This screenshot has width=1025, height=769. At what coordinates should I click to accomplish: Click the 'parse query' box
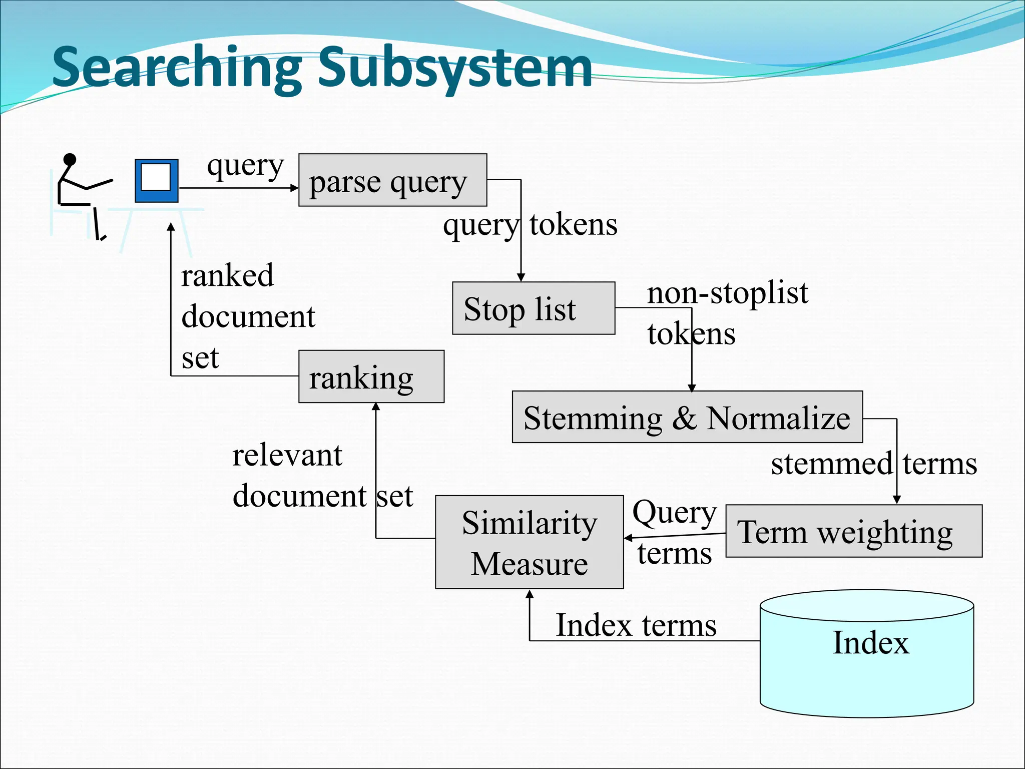392,180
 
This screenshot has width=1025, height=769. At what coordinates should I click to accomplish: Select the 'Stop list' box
534,308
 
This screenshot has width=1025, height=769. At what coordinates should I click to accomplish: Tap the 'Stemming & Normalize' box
687,417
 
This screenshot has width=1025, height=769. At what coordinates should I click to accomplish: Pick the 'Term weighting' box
854,531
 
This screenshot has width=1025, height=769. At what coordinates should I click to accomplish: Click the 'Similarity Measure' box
529,542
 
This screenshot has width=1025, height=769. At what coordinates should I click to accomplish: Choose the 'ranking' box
371,376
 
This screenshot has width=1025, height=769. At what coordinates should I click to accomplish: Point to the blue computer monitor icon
157,181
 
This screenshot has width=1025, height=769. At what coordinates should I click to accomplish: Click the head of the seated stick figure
70,160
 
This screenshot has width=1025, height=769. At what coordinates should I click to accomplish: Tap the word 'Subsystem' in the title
455,68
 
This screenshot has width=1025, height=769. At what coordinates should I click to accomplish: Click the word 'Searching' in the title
178,68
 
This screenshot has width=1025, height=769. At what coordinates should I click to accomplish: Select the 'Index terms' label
636,625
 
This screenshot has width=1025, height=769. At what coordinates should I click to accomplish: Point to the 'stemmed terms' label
873,464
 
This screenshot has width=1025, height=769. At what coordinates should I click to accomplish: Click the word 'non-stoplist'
727,293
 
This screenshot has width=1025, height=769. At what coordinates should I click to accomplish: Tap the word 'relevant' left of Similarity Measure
287,456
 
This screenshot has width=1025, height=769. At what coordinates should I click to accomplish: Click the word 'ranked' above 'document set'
227,275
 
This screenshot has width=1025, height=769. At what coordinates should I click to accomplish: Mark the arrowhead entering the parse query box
294,188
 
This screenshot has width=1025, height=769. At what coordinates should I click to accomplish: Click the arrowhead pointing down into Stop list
521,277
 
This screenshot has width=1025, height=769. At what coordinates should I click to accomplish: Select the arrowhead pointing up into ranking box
376,407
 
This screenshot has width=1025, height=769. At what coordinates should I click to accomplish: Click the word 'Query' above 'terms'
674,513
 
